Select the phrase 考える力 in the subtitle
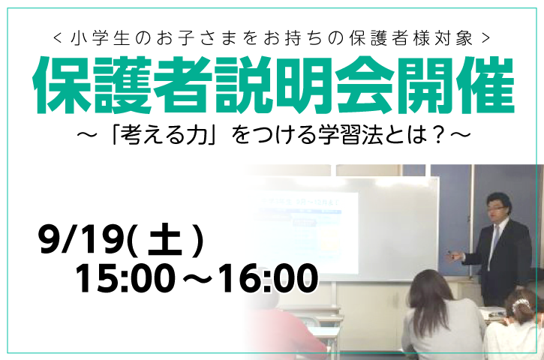coord(164,135)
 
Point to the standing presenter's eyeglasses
coord(494,208)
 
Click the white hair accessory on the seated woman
coord(520,303)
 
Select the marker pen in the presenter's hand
coord(452,253)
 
